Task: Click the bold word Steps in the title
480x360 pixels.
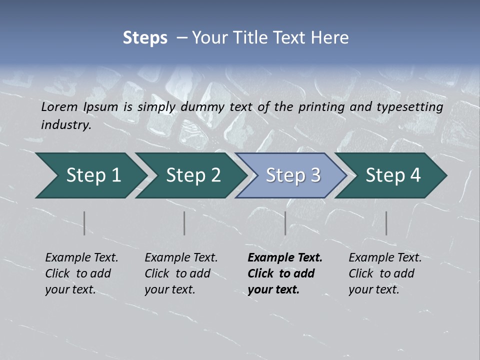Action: [x=145, y=37]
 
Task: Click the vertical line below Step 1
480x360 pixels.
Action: [x=84, y=223]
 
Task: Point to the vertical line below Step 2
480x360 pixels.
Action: [x=184, y=223]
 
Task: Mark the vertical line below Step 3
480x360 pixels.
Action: [x=285, y=223]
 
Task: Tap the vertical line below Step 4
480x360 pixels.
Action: [x=386, y=223]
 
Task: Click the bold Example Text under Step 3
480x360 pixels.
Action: [x=284, y=273]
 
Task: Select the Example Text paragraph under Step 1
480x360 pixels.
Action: [x=81, y=273]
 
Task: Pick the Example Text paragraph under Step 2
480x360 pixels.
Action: [x=181, y=273]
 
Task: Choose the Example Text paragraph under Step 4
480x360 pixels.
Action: [x=385, y=273]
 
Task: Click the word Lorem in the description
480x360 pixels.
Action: [x=59, y=106]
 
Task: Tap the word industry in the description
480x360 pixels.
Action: [x=65, y=124]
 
